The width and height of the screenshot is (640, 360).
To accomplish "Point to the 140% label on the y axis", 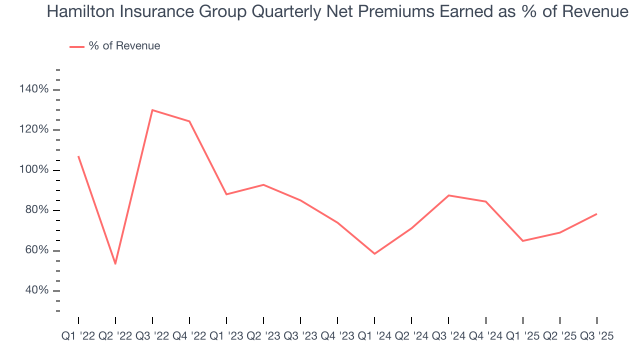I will [34, 89].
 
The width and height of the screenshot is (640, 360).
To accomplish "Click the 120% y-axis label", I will [34, 130].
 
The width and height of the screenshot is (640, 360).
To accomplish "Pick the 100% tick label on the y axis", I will [34, 170].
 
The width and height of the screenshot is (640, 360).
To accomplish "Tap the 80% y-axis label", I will [36, 210].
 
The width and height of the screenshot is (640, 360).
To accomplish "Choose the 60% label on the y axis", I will [36, 250].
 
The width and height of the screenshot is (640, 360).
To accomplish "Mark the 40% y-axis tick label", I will [36, 291].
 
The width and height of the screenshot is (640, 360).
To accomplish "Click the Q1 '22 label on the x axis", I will [78, 336].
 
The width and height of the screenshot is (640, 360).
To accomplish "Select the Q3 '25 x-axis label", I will [596, 336].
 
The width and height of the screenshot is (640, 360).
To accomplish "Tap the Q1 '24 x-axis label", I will [374, 336].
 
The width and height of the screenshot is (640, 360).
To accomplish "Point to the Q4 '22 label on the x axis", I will [189, 336].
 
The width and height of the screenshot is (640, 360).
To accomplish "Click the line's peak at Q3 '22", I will [152, 110].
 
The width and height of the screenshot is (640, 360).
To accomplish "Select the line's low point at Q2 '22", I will [115, 264].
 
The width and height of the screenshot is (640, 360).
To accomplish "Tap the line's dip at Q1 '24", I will [374, 254].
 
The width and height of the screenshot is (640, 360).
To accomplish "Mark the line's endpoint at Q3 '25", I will [596, 214].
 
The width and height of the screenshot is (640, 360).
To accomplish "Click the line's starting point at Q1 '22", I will [78, 156].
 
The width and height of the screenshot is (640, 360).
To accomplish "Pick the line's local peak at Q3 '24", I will [448, 195].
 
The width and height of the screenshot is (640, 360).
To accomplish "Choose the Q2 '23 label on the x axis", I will [263, 336].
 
